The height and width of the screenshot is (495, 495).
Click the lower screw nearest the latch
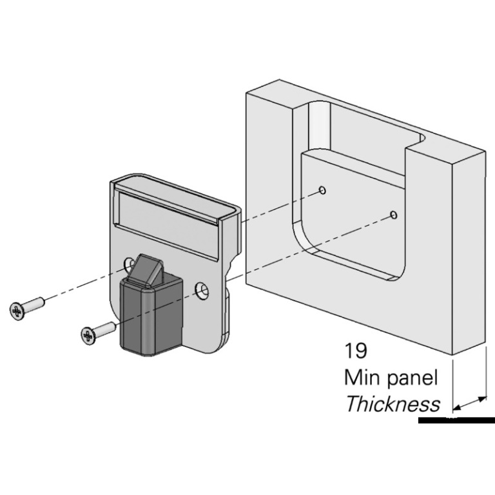97,331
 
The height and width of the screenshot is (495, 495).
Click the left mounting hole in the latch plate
129,264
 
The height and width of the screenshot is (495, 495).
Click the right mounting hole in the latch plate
204,289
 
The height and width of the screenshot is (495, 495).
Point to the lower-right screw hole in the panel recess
394,213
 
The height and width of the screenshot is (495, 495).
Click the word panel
416,378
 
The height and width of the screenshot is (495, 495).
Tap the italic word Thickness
393,404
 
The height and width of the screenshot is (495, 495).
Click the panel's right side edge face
469,251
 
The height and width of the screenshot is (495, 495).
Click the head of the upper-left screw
17,310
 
